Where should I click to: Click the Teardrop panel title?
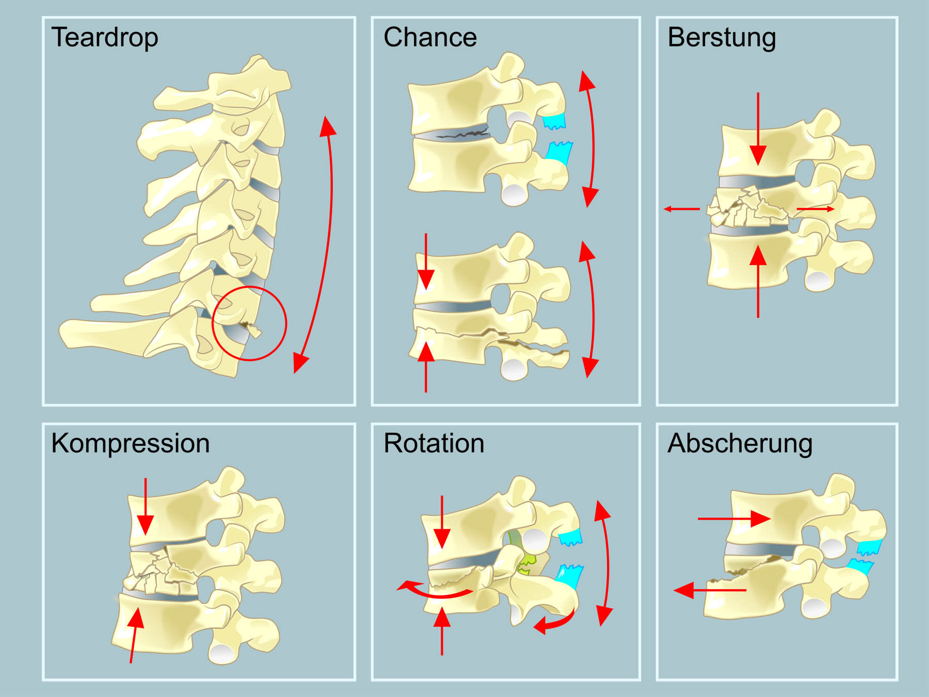point(105,37)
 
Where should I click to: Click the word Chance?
point(430,37)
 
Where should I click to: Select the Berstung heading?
point(721,37)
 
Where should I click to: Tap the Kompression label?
point(130,443)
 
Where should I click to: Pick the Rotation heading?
point(434,443)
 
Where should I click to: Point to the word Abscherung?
point(740,443)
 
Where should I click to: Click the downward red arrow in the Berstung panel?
point(758,129)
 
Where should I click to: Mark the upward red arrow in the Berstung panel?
point(758,281)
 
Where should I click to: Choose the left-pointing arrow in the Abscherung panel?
point(710,590)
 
